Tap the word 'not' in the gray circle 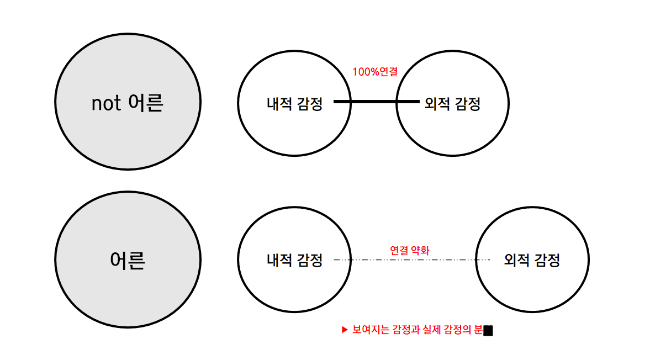(x=106, y=103)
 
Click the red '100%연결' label (x=375, y=71)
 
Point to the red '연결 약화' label (x=409, y=250)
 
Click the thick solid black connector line (x=376, y=102)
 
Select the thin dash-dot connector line (x=411, y=260)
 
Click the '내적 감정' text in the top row (x=294, y=103)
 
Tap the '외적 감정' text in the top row (x=452, y=103)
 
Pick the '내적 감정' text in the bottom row (x=294, y=260)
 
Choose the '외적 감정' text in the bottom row (x=532, y=260)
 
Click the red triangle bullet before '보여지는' (x=345, y=330)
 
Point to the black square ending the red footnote (x=488, y=331)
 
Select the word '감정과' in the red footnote (x=405, y=330)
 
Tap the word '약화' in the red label (x=420, y=250)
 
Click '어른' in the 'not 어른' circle (x=145, y=103)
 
